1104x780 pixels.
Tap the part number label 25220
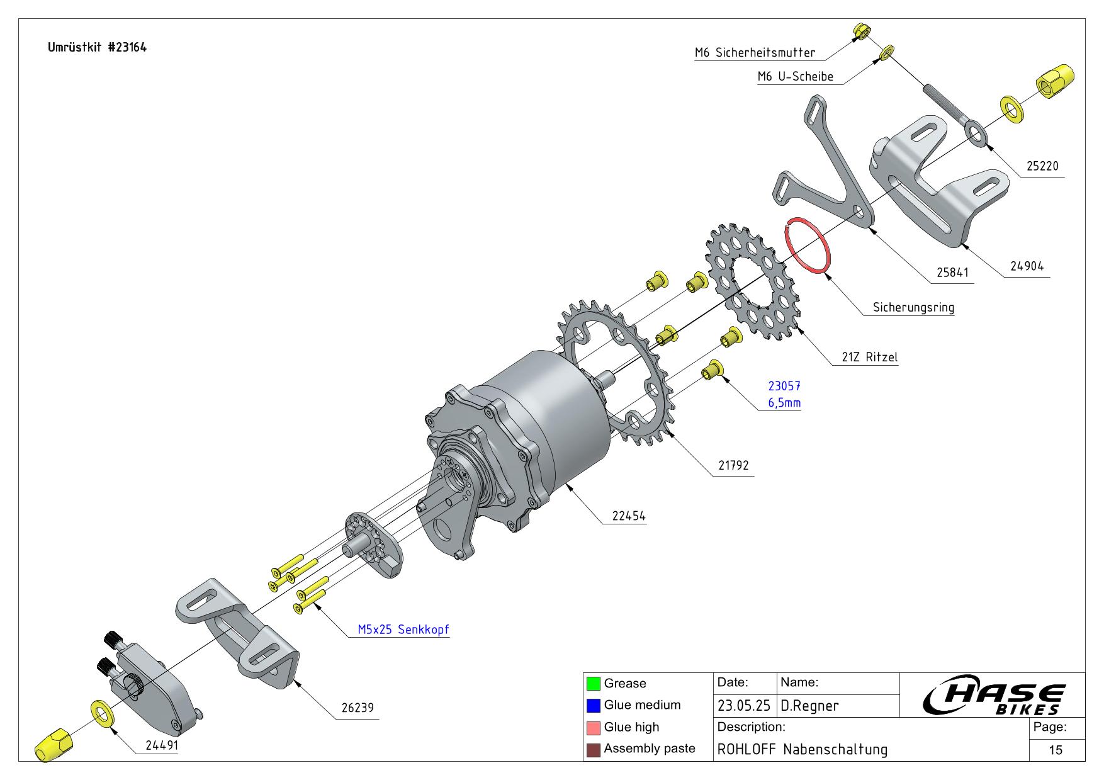pyautogui.click(x=1042, y=166)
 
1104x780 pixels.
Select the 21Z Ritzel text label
pyautogui.click(x=869, y=357)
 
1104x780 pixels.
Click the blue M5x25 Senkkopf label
pyautogui.click(x=403, y=629)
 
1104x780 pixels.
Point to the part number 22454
pyautogui.click(x=629, y=516)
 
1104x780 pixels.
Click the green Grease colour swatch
pyautogui.click(x=593, y=683)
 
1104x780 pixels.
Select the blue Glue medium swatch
pyautogui.click(x=593, y=705)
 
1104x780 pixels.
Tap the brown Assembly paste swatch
pyautogui.click(x=593, y=749)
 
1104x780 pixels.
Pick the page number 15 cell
pyautogui.click(x=1056, y=749)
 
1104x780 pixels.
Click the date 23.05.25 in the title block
pyautogui.click(x=743, y=706)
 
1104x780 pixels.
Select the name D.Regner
pyautogui.click(x=809, y=706)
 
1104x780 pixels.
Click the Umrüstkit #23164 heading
pyautogui.click(x=97, y=47)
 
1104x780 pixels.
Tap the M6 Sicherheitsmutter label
pyautogui.click(x=755, y=53)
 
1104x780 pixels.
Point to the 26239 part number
pyautogui.click(x=358, y=708)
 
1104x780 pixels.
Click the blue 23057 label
pyautogui.click(x=784, y=386)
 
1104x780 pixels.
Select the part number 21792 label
pyautogui.click(x=733, y=465)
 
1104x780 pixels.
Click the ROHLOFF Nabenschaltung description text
pyautogui.click(x=802, y=749)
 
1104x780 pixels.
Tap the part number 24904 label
pyautogui.click(x=1027, y=266)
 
